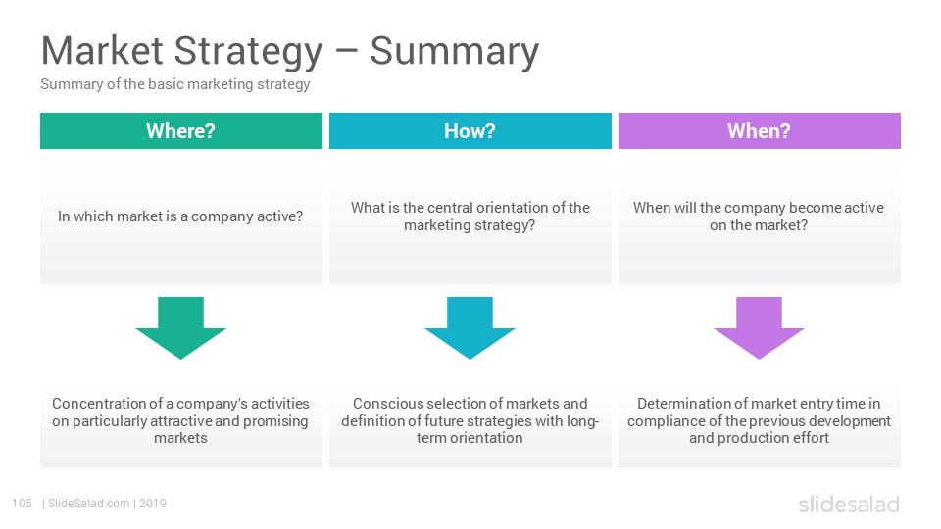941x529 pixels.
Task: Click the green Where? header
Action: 180,130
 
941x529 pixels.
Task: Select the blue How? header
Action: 470,130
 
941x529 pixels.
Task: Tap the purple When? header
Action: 759,130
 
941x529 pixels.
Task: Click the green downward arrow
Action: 180,327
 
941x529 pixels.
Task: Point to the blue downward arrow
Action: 470,327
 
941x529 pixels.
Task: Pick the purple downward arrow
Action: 759,327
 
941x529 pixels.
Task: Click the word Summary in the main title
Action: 454,52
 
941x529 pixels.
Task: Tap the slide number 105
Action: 23,504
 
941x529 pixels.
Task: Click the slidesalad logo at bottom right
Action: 849,504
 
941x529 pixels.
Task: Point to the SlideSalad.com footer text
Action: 89,504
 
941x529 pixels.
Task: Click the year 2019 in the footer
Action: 153,504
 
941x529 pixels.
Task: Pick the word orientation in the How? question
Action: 513,208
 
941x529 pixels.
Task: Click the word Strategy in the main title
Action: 248,52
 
